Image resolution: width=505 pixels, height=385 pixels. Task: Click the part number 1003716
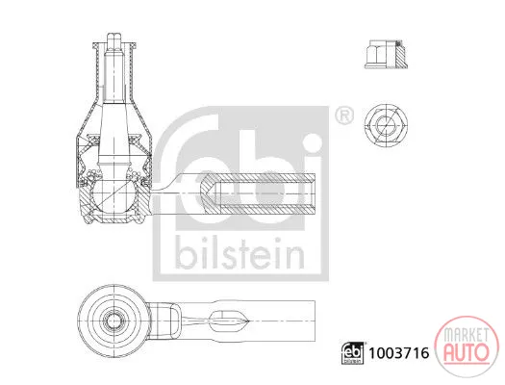click(x=399, y=353)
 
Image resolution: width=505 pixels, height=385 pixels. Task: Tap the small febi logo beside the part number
click(x=352, y=353)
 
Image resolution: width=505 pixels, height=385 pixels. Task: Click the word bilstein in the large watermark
click(x=240, y=253)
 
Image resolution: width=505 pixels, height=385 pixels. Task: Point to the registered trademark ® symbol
click(x=344, y=115)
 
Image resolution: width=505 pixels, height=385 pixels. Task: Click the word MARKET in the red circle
click(x=466, y=335)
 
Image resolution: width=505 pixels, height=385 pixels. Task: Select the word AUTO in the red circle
click(x=466, y=351)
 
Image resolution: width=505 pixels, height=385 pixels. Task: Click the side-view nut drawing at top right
click(x=386, y=54)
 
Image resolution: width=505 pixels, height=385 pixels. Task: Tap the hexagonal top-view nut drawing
click(x=386, y=124)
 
